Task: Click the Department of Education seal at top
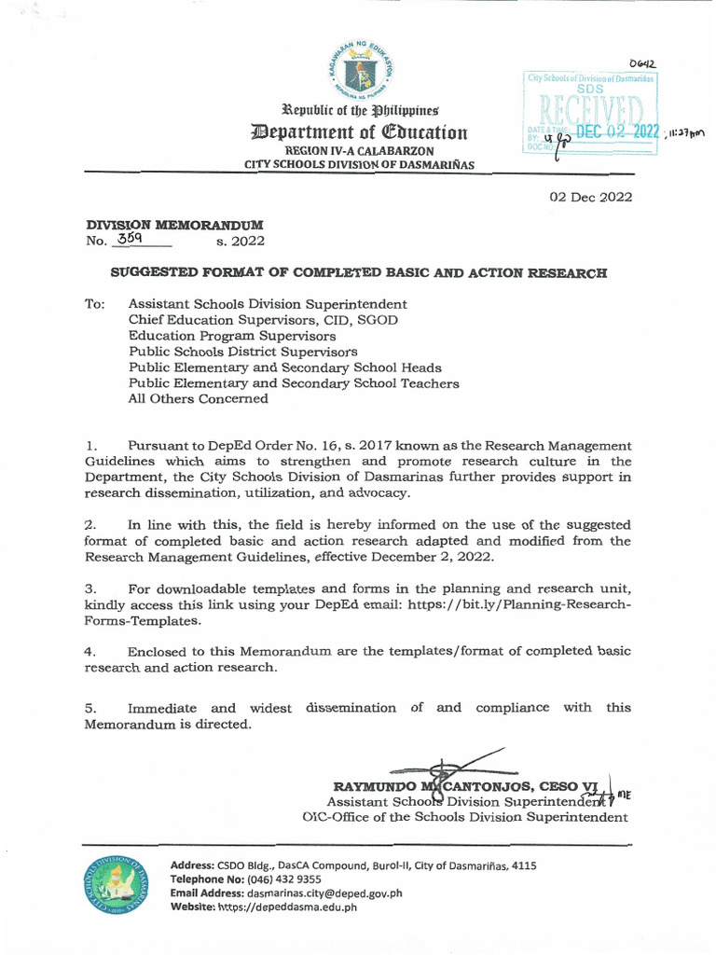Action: pyautogui.click(x=358, y=71)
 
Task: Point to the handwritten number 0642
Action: pyautogui.click(x=641, y=63)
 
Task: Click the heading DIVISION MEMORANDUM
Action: pyautogui.click(x=174, y=225)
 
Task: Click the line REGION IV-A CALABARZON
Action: pyautogui.click(x=359, y=150)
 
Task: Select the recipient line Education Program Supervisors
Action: pyautogui.click(x=232, y=336)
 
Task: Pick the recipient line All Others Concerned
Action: pyautogui.click(x=198, y=398)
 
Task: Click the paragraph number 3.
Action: pyautogui.click(x=90, y=588)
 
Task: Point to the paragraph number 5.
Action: pyautogui.click(x=90, y=708)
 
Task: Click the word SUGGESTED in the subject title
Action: pyautogui.click(x=154, y=273)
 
